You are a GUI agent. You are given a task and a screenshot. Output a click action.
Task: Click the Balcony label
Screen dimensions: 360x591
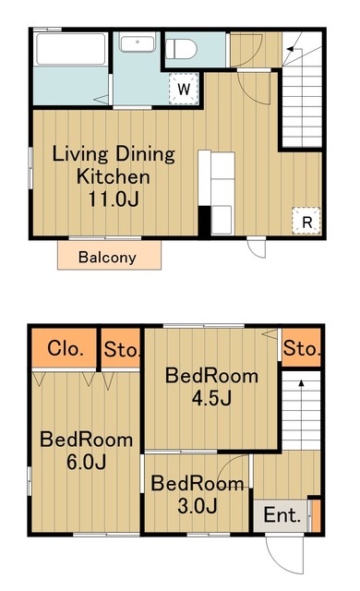point(107,258)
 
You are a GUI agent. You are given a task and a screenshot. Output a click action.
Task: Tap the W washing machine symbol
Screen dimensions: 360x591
point(184,89)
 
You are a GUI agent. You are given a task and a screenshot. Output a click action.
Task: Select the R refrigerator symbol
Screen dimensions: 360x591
point(306,221)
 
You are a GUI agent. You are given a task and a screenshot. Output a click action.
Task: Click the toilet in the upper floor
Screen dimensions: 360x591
point(181,49)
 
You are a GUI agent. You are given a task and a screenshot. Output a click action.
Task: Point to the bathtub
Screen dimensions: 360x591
point(71,49)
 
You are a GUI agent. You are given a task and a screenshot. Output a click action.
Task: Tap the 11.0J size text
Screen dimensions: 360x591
point(114,199)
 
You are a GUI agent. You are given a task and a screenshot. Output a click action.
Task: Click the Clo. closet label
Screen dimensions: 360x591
point(66,348)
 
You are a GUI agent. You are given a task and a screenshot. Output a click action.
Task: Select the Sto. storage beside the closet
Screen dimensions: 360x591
point(121,349)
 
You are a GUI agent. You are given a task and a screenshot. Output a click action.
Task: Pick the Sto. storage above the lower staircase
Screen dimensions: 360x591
point(302,348)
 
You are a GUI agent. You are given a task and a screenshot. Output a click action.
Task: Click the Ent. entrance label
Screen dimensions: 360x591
point(282,514)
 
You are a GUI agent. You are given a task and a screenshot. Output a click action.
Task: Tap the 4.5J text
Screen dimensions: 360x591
point(211,398)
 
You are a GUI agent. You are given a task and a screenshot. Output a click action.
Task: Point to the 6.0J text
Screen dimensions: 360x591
point(86,462)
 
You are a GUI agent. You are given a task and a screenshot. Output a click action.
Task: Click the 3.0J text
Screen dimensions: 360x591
point(197,505)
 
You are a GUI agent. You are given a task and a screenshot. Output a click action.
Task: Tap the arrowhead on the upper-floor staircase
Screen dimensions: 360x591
point(291,49)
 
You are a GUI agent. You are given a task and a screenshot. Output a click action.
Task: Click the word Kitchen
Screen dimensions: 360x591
point(114,176)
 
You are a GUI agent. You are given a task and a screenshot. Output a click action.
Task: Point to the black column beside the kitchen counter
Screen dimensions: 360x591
point(204,221)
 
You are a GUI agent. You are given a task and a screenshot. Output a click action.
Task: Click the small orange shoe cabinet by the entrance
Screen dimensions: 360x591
point(316,515)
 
